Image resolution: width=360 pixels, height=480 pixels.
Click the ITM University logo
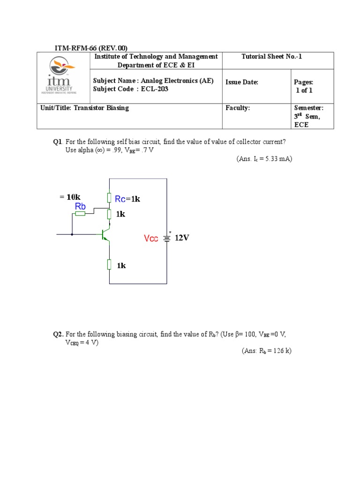tap(63, 76)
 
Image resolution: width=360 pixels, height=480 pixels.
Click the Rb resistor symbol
tap(80, 214)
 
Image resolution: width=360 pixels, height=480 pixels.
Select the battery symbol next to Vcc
tap(166, 238)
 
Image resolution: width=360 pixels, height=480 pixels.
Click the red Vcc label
tap(151, 239)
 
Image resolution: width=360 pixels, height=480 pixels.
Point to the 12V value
tap(182, 238)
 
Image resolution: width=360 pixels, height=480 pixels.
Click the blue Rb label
tap(80, 206)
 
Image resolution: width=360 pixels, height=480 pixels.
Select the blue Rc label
tap(120, 199)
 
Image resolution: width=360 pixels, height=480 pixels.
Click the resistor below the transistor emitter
tap(109, 265)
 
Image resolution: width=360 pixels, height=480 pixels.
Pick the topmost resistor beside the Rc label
tap(109, 198)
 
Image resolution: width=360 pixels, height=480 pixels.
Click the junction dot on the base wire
tap(72, 233)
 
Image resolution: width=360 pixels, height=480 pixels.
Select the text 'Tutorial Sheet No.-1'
tap(272, 57)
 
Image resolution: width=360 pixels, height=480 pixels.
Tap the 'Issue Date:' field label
tap(242, 82)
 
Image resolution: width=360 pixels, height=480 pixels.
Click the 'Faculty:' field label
tap(238, 108)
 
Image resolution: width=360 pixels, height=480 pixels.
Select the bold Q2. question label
tap(58, 334)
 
